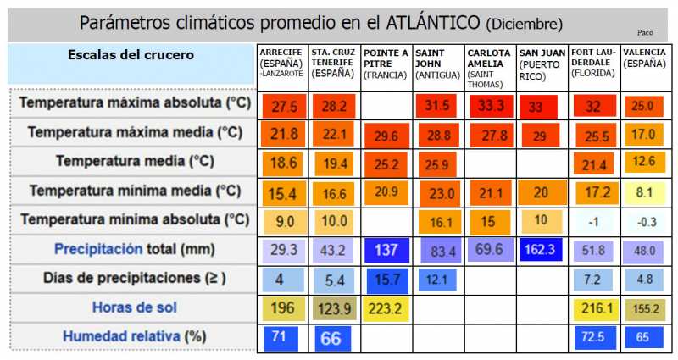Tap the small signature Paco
pos(644,32)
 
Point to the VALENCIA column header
pos(645,58)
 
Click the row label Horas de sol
pos(134,307)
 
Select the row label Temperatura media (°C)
pos(134,161)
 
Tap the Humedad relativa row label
pos(134,336)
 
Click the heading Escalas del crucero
pos(131,55)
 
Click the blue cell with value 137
pos(386,251)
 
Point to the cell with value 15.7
pos(386,280)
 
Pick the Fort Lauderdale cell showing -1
pos(593,222)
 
